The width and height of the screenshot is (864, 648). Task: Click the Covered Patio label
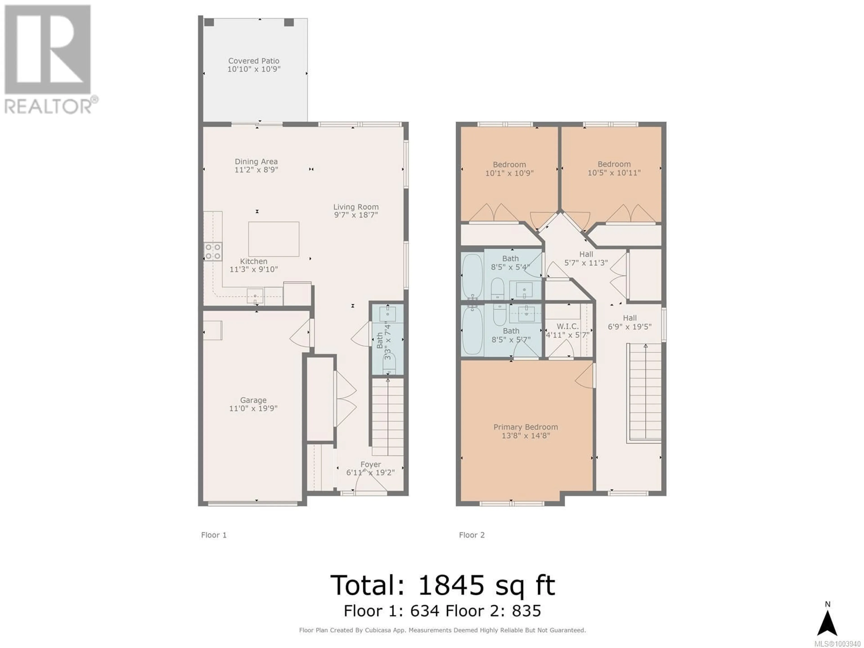254,61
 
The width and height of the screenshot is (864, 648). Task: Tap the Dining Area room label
256,161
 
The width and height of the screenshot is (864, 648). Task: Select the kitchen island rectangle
274,239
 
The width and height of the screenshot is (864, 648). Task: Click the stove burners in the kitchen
213,252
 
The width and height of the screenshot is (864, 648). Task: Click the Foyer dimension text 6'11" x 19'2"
370,472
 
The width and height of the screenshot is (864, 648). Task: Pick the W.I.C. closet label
567,326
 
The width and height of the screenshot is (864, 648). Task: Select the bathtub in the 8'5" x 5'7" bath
473,331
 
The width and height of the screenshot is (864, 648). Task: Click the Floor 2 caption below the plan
472,535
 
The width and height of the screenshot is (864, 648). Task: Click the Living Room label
356,207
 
